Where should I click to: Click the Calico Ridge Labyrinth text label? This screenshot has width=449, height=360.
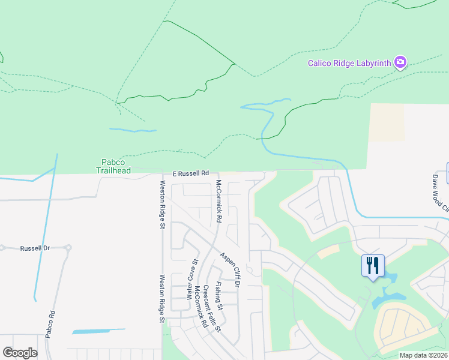coord(349,62)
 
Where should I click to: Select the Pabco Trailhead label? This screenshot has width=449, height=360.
coord(112,166)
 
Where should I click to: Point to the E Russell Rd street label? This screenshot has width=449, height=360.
coord(190,173)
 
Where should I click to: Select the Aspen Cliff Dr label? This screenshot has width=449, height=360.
coord(229,269)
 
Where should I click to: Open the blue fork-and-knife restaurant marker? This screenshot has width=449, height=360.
coord(373,265)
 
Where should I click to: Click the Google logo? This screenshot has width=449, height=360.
coord(20,353)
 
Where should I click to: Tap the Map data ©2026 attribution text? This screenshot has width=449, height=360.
coord(424,355)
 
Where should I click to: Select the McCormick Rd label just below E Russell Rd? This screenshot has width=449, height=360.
coord(218,201)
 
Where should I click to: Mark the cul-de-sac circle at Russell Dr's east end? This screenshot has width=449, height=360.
coord(69,247)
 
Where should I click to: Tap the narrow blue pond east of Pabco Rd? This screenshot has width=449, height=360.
coord(98,331)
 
